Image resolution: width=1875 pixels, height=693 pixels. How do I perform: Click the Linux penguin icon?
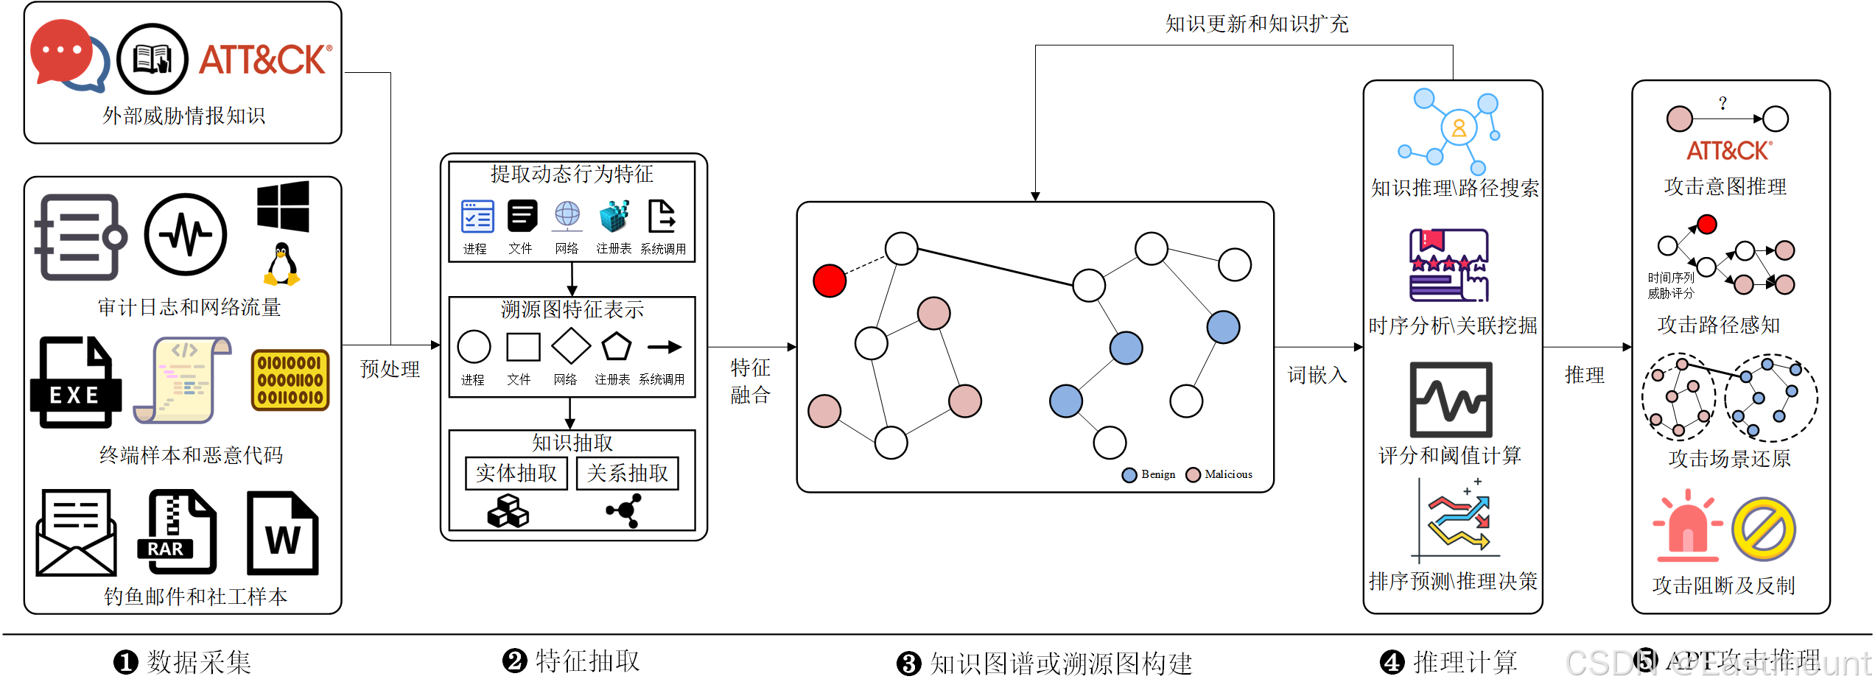[x=281, y=264]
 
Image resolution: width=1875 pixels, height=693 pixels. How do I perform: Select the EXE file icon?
[x=75, y=382]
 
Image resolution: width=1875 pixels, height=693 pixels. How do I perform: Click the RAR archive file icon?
[x=178, y=532]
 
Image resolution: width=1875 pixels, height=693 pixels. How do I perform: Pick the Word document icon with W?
[x=283, y=533]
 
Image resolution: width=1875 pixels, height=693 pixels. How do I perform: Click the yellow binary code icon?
[x=290, y=380]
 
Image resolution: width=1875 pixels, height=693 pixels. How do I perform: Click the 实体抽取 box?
[x=516, y=473]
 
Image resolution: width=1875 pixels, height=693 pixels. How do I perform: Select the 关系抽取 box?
[x=628, y=473]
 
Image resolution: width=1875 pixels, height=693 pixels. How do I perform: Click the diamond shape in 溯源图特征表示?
[x=571, y=346]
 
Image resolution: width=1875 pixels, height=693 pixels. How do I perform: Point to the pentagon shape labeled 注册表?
[x=616, y=347]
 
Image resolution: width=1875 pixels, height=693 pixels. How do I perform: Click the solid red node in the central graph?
[x=830, y=281]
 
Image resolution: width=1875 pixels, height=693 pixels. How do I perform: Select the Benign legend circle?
[x=1129, y=475]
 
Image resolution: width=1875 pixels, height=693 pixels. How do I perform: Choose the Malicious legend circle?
[x=1194, y=475]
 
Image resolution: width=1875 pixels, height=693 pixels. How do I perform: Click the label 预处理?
[x=390, y=369]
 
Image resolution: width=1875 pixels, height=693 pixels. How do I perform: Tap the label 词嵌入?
[x=1317, y=375]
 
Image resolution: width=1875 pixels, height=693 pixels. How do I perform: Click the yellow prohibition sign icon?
[x=1764, y=529]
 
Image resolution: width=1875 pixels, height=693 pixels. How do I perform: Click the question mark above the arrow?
[x=1722, y=103]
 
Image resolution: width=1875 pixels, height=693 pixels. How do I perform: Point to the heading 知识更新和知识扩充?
[x=1257, y=24]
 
